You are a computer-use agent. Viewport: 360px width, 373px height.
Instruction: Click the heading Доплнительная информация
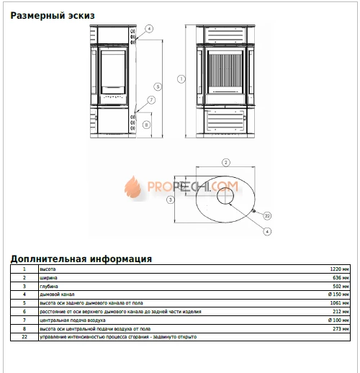[x=81, y=258]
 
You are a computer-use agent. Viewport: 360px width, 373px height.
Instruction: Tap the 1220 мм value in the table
[x=339, y=268]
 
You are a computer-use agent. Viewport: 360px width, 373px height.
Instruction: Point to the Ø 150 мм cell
[x=338, y=295]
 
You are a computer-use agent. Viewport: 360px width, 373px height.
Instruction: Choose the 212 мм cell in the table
[x=341, y=311]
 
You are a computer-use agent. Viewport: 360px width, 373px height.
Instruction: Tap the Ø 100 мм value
[x=338, y=320]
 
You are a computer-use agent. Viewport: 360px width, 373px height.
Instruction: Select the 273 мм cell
[x=341, y=328]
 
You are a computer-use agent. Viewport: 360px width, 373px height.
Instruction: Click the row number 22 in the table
[x=24, y=337]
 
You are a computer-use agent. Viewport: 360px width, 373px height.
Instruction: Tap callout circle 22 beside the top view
[x=266, y=215]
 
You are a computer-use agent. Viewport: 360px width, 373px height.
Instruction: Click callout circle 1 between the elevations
[x=181, y=78]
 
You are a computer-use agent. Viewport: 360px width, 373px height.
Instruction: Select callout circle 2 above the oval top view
[x=225, y=162]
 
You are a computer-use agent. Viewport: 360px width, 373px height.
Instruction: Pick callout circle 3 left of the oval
[x=170, y=199]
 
